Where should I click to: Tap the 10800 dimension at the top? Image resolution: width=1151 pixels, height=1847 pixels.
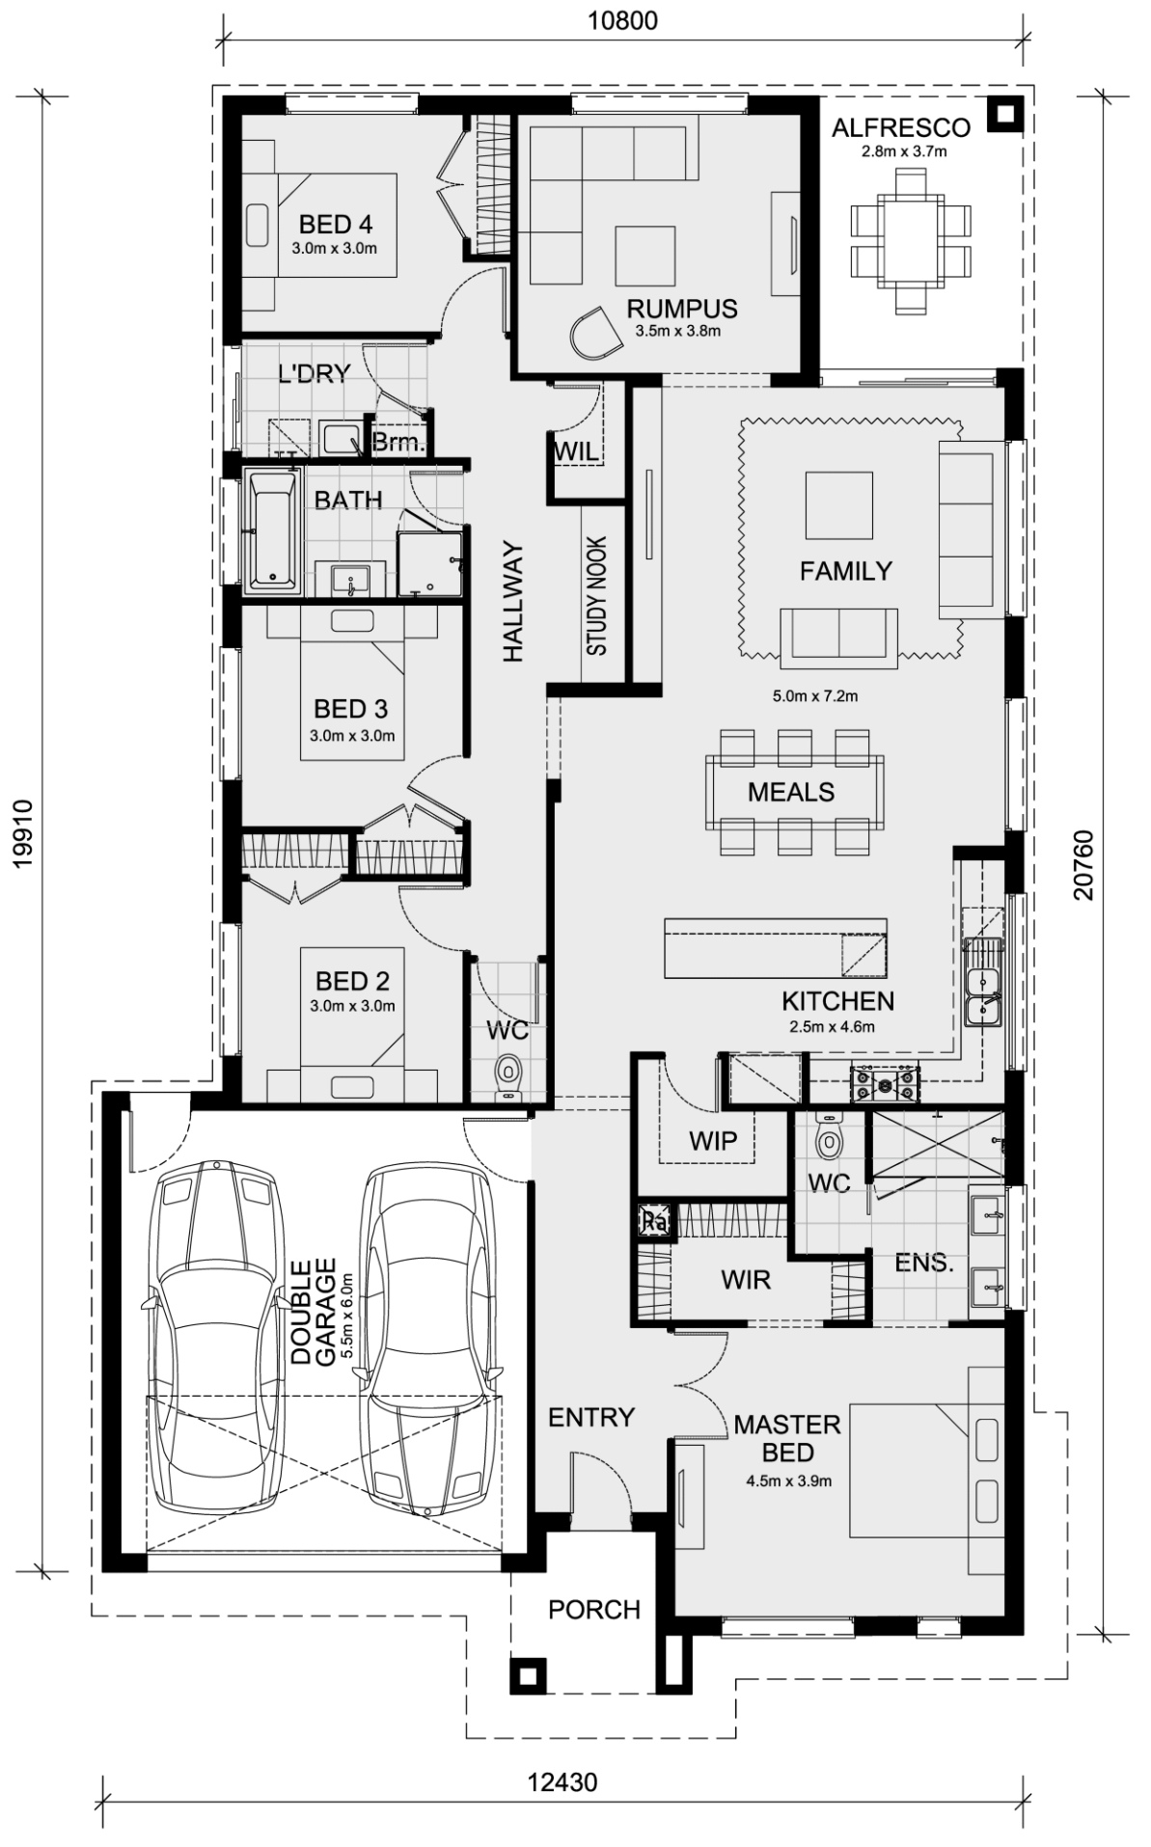624,20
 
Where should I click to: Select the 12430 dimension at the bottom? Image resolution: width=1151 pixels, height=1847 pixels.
562,1781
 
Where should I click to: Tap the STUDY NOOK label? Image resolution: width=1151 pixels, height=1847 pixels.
596,596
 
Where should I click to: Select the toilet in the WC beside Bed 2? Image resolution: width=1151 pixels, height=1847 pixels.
507,1076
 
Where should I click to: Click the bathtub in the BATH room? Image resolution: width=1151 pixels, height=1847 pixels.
273,529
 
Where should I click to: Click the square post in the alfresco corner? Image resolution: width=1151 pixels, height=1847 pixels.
1005,115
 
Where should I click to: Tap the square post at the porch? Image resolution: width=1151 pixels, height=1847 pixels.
528,1675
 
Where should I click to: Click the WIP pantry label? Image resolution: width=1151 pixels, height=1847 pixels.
713,1141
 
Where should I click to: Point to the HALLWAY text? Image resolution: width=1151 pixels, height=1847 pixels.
512,603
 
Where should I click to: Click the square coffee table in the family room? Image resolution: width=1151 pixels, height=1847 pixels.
839,505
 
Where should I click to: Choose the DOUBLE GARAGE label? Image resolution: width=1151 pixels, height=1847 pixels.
314,1311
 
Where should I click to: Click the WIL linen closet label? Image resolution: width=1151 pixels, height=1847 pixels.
576,451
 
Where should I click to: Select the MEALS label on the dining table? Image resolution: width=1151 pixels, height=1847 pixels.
791,792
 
